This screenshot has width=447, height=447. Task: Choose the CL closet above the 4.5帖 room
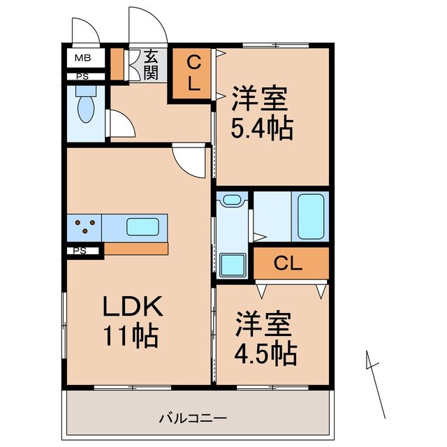289,264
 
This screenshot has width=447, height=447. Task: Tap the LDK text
133,307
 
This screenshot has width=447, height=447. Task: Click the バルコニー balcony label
192,418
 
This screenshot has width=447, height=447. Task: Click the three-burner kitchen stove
85,227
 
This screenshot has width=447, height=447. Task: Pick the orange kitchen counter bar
135,249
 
